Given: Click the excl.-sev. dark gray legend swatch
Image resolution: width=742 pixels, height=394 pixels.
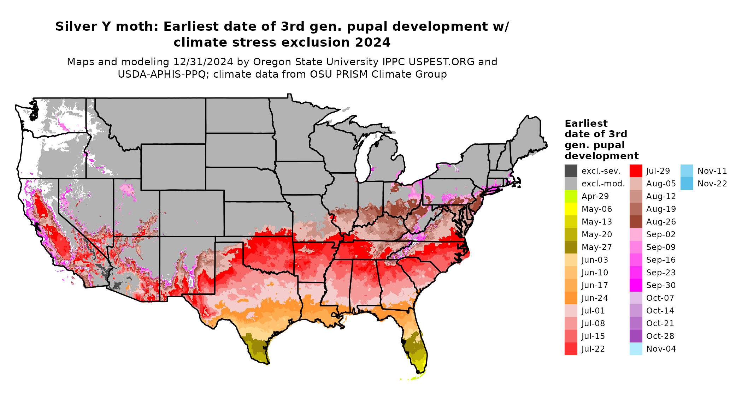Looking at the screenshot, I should pos(571,171).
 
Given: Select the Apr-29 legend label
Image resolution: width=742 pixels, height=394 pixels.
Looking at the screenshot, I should pos(595,196).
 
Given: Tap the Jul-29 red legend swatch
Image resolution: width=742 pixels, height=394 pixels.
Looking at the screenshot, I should pos(636,171).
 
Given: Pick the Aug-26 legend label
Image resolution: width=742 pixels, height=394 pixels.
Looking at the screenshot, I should pos(661,222).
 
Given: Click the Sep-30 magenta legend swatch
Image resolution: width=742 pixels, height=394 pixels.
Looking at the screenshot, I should pos(636,285).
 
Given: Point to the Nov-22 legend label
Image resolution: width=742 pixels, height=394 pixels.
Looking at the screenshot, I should pos(712,184).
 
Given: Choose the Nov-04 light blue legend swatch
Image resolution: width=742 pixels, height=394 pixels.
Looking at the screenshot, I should pos(636,349).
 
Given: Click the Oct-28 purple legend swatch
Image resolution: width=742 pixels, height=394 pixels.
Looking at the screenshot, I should pos(636,336).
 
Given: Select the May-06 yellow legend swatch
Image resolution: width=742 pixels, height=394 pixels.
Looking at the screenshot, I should pos(571,209).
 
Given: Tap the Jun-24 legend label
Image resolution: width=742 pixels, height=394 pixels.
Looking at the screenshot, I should pos(595,298).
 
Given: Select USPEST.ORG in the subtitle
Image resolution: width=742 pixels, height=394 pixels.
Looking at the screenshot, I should pos(441,62).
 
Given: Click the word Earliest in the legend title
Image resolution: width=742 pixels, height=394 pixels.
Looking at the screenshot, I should pos(586,124).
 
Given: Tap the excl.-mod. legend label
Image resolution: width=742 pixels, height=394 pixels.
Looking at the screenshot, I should pos(603,184).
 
